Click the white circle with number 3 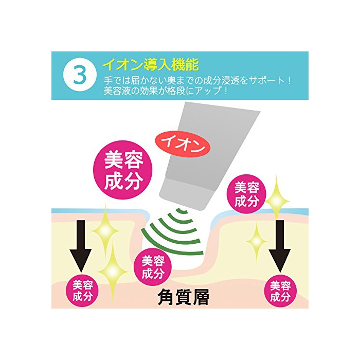[x=80, y=76]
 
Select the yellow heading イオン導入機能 [x=150, y=65]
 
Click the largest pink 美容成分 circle [x=123, y=170]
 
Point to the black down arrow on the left [x=81, y=246]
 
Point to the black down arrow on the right [x=280, y=246]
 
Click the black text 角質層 [x=184, y=297]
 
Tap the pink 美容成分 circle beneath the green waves [x=153, y=267]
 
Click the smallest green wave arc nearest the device [x=182, y=210]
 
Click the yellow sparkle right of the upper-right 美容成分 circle [x=277, y=201]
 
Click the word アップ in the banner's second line [x=209, y=91]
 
